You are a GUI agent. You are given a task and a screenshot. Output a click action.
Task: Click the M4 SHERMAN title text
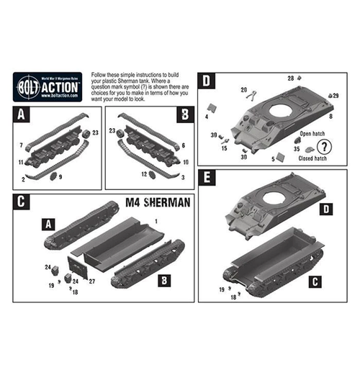pos(156,203)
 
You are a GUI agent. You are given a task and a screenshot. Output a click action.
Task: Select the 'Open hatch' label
pos(314,134)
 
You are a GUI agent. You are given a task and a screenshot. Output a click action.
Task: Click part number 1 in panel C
pos(153,225)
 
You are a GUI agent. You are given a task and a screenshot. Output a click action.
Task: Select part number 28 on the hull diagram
pos(291,78)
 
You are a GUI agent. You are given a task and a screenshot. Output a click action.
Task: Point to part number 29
pos(336,95)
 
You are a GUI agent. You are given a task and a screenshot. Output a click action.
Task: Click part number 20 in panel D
pos(244,90)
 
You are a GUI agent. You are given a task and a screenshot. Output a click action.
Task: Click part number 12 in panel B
pos(145,173)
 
